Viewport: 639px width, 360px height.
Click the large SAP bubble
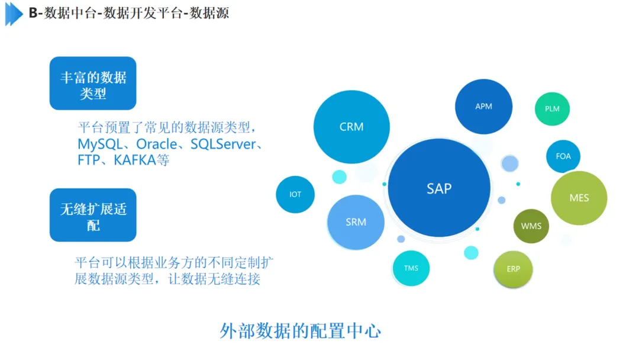click(x=439, y=188)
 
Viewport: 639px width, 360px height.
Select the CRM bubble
click(x=351, y=127)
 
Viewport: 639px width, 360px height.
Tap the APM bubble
click(x=483, y=107)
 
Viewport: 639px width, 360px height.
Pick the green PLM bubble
click(x=552, y=108)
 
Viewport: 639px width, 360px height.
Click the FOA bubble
click(x=563, y=156)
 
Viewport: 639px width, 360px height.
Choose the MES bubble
click(x=579, y=198)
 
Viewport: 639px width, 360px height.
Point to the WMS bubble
click(x=531, y=226)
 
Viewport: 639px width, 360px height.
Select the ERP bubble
click(x=513, y=269)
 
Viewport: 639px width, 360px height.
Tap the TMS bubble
click(x=411, y=268)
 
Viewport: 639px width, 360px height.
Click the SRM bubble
click(x=356, y=222)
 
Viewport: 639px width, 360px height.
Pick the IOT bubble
click(x=295, y=194)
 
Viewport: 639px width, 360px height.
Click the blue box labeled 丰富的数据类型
click(x=93, y=83)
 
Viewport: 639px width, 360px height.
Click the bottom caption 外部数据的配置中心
click(x=300, y=330)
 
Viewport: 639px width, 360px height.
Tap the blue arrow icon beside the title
click(x=14, y=14)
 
